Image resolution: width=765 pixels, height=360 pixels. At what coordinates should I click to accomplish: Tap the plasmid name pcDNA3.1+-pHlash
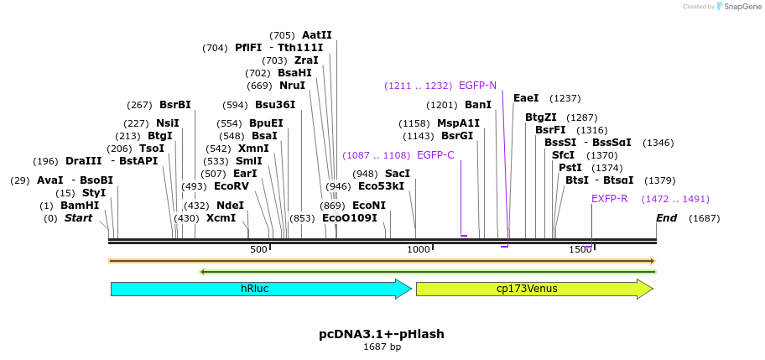click(x=382, y=334)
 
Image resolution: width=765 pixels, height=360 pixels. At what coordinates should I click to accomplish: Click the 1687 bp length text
click(x=382, y=347)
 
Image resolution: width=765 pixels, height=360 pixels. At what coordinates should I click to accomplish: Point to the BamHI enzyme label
click(x=80, y=206)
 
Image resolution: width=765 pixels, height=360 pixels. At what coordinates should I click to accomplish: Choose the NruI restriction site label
click(x=293, y=86)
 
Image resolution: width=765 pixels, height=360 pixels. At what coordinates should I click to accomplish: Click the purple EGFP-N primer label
click(x=477, y=86)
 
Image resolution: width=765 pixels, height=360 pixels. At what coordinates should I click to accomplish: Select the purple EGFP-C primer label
click(x=435, y=155)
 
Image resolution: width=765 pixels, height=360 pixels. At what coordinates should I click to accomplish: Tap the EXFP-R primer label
click(x=609, y=199)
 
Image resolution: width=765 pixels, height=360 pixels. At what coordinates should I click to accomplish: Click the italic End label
click(x=667, y=218)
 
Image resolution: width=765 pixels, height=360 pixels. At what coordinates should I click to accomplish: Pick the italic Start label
click(x=79, y=218)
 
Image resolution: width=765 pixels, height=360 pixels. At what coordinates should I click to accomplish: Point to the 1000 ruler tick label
click(x=418, y=249)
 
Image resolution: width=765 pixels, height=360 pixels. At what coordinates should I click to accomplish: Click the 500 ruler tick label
click(x=259, y=249)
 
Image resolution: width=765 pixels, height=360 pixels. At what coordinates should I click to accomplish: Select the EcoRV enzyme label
click(x=232, y=186)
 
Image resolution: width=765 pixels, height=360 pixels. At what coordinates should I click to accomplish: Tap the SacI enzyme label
click(x=398, y=174)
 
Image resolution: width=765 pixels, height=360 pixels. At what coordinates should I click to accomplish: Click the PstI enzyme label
click(x=570, y=168)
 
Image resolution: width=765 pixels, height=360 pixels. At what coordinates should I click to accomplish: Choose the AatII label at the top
click(x=317, y=35)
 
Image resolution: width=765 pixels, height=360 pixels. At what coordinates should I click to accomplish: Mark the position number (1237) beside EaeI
click(x=565, y=98)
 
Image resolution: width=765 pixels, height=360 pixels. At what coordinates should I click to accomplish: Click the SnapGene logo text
click(x=738, y=7)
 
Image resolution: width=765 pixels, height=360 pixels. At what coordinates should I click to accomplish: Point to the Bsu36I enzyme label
click(x=275, y=105)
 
